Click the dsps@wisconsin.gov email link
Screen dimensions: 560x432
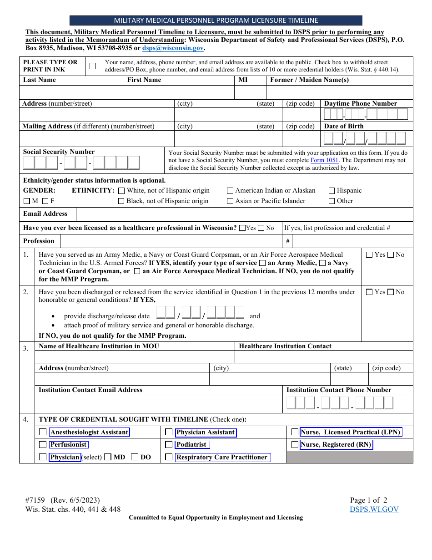[x=172, y=48]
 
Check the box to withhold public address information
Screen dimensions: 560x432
[x=93, y=66]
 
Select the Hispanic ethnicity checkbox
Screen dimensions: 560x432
[x=332, y=191]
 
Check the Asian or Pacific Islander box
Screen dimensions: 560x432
[x=230, y=201]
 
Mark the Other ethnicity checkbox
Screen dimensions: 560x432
[x=332, y=201]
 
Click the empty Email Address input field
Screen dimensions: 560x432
[x=244, y=214]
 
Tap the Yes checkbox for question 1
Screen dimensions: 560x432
[x=369, y=255]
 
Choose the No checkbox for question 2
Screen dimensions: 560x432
[x=391, y=292]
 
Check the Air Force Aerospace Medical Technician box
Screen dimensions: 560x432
[x=137, y=271]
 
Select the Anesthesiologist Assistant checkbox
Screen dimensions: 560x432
[x=43, y=432]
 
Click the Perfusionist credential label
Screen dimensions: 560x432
[x=69, y=444]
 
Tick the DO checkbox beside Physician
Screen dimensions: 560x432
[x=135, y=457]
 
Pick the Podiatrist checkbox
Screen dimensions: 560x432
[x=169, y=444]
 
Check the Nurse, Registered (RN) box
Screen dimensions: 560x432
[x=295, y=444]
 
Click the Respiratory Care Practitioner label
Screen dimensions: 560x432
[x=222, y=457]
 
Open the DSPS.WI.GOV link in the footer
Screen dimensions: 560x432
[x=374, y=509]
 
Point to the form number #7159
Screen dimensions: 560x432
[x=35, y=500]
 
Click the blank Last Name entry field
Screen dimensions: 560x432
[x=71, y=92]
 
